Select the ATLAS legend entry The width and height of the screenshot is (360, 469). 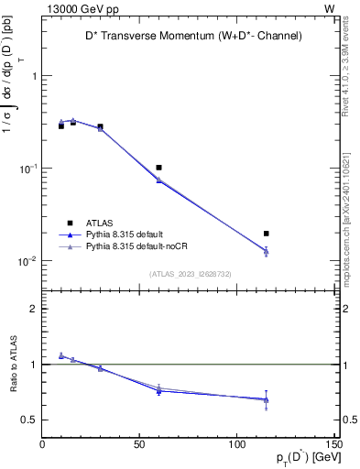[x=101, y=223]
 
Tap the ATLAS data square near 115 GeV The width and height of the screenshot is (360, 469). [x=266, y=234]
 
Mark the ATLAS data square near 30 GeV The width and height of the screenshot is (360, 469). [x=100, y=126]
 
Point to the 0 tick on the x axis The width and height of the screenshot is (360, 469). [x=42, y=446]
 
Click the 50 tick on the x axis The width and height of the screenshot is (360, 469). [x=139, y=446]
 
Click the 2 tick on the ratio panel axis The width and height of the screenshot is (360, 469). [x=34, y=309]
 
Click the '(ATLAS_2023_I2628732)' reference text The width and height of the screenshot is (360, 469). [x=189, y=273]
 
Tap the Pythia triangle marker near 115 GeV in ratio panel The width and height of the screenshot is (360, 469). [x=266, y=399]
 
